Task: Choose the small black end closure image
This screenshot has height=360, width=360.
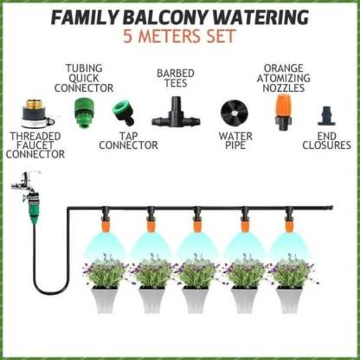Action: [x=326, y=116]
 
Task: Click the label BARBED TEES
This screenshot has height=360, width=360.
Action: [x=177, y=79]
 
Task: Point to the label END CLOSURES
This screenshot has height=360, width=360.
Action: [x=327, y=140]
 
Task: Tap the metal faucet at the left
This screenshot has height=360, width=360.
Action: [x=25, y=183]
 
